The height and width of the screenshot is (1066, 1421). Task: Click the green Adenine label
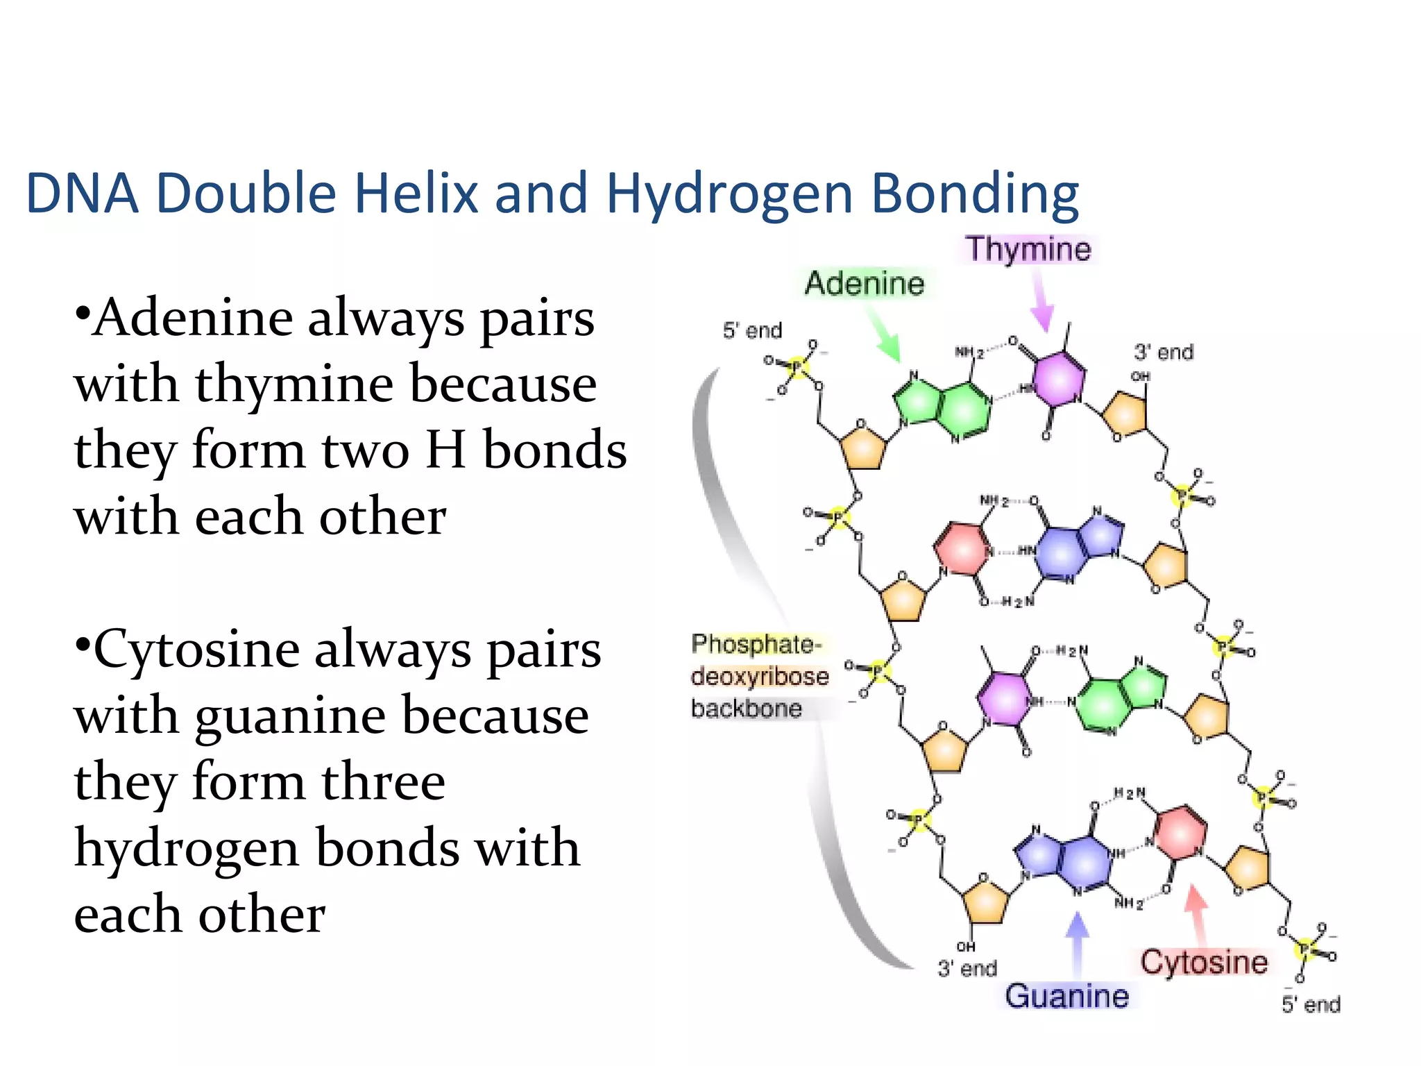[865, 283]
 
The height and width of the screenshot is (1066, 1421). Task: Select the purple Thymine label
[1028, 248]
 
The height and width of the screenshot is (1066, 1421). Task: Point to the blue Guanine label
[1066, 996]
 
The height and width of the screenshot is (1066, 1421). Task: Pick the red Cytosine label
[1204, 962]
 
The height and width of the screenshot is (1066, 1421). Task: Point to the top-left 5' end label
[752, 330]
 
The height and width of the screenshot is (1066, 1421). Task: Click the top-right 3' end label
[1164, 352]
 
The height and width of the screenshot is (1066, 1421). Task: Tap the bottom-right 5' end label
[1311, 1004]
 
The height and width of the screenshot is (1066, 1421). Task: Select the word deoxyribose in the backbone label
[760, 676]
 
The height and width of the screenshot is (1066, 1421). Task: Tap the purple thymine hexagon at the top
[1058, 379]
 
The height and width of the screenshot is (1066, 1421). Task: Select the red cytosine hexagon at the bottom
[1180, 832]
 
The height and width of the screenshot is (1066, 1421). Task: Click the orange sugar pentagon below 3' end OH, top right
[1125, 415]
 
